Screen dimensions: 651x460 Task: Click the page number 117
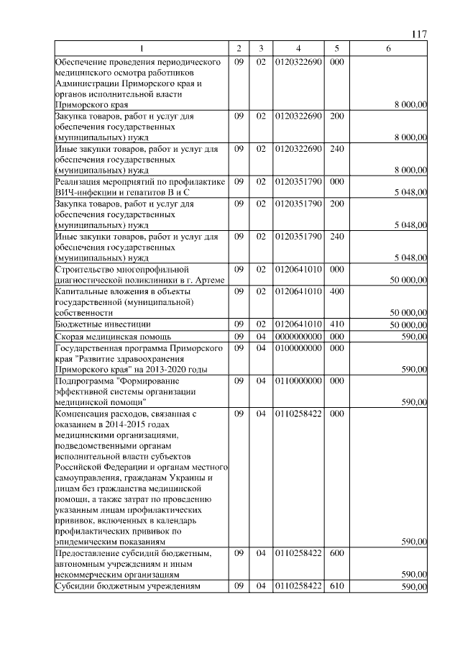click(x=420, y=35)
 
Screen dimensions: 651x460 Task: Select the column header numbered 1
click(x=142, y=48)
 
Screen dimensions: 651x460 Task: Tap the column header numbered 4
click(x=298, y=48)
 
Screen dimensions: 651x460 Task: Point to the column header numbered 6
click(x=388, y=48)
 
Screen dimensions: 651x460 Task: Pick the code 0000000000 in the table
click(x=298, y=336)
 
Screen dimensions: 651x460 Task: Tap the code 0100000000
click(x=298, y=347)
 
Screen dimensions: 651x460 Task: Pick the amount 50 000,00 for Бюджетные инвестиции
click(x=408, y=325)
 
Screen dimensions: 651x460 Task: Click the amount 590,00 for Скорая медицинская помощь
click(x=414, y=336)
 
